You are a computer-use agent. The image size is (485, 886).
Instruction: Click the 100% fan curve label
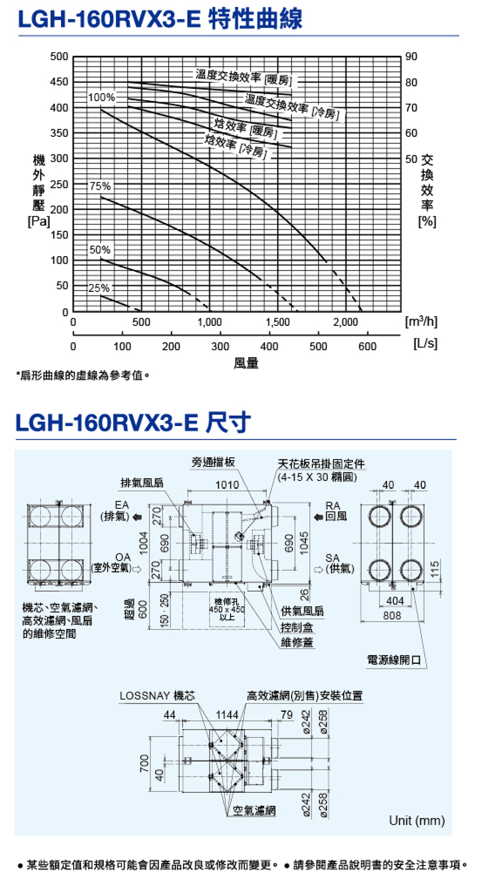pos(101,97)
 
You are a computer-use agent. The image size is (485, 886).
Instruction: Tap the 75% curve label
pos(100,186)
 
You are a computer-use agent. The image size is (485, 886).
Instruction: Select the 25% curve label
pos(99,288)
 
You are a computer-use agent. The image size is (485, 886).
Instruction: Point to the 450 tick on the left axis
pos(59,81)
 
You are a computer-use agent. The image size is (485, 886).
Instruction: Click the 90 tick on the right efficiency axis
pos(411,57)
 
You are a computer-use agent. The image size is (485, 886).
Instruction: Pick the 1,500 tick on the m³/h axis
pos(277,322)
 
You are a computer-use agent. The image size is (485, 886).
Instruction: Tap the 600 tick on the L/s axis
pos(367,346)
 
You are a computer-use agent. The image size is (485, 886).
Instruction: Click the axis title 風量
pos(246,363)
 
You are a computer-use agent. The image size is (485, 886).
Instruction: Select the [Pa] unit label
pos(39,222)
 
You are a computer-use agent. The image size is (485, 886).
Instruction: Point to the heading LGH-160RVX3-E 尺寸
pos(133,422)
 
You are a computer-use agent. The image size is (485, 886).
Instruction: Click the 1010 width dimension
pos(227,485)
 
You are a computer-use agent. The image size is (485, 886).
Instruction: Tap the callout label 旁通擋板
pos(213,462)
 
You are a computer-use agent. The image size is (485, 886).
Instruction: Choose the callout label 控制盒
pos(297,628)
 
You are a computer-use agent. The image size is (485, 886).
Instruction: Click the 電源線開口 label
pos(394,660)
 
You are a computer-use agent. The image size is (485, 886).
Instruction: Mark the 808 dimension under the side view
pos(392,615)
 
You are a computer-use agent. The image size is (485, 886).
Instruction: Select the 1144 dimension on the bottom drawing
pos(227,715)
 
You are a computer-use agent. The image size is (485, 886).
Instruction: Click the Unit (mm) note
pos(417,821)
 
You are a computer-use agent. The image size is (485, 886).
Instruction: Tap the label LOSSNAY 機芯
pos(157,696)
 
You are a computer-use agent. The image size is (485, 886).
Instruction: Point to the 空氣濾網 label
pos(254,810)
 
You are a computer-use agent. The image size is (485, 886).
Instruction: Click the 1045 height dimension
pos(304,542)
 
